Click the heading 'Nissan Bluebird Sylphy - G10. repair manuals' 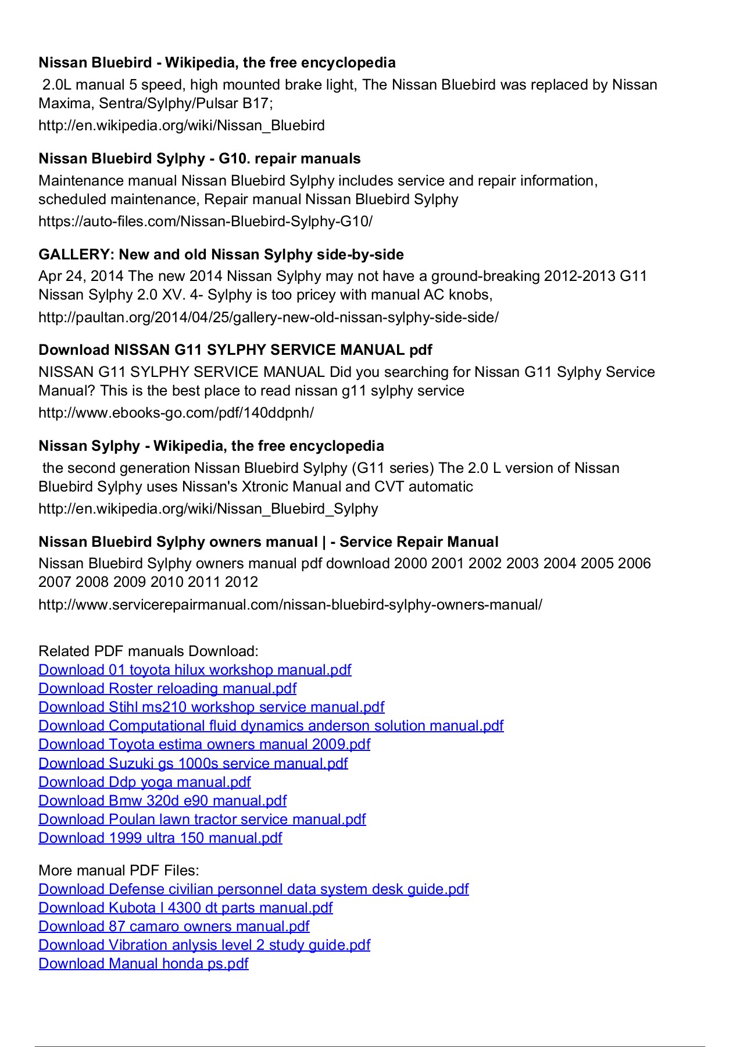point(199,159)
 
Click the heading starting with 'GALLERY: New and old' point(221,255)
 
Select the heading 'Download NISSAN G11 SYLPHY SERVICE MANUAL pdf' point(235,350)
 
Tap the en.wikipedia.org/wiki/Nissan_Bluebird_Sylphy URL point(208,509)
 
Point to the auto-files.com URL point(205,222)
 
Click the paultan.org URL point(268,318)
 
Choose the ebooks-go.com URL point(176,413)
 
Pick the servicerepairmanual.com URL point(290,605)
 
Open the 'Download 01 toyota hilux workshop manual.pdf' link point(195,670)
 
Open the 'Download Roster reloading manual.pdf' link point(167,689)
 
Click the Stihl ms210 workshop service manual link point(211,707)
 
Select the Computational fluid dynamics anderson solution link point(271,726)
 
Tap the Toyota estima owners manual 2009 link point(204,745)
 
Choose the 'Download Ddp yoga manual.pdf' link point(144,782)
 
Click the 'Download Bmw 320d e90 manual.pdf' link point(162,801)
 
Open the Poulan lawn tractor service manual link point(202,820)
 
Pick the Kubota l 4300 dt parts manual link point(185,908)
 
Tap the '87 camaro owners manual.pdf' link point(174,927)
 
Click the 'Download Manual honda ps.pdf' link point(143,964)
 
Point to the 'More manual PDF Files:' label point(119,871)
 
